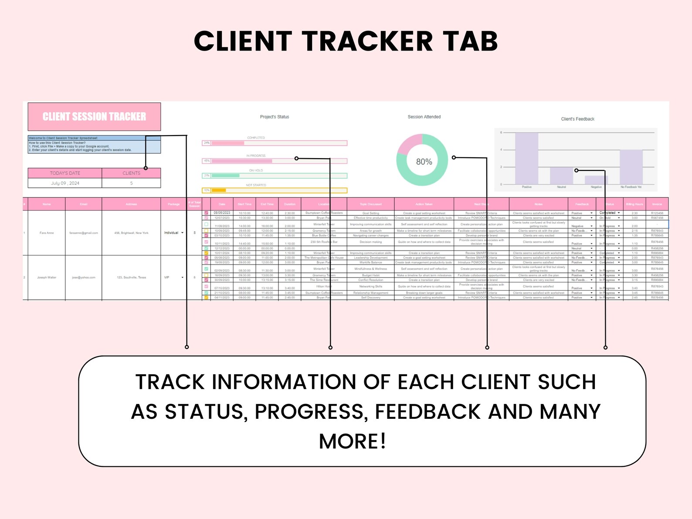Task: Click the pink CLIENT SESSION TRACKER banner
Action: coord(94,116)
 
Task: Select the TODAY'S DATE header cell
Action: coord(65,173)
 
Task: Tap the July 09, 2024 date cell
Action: coord(65,183)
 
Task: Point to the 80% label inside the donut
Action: coord(424,162)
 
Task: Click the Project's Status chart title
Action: coord(275,117)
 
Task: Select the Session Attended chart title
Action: coord(424,117)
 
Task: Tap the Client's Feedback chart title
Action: coord(577,119)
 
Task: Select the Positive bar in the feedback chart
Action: coord(526,159)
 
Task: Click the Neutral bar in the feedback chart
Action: coord(561,176)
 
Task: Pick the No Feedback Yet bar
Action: coord(631,167)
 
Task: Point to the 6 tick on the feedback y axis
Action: coord(501,132)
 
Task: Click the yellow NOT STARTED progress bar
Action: coord(275,190)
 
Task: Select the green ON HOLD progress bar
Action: coord(275,176)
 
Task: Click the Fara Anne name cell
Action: coord(47,233)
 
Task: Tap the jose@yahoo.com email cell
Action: coord(84,277)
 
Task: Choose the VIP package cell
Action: coord(173,277)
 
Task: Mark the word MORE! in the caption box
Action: coord(352,441)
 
